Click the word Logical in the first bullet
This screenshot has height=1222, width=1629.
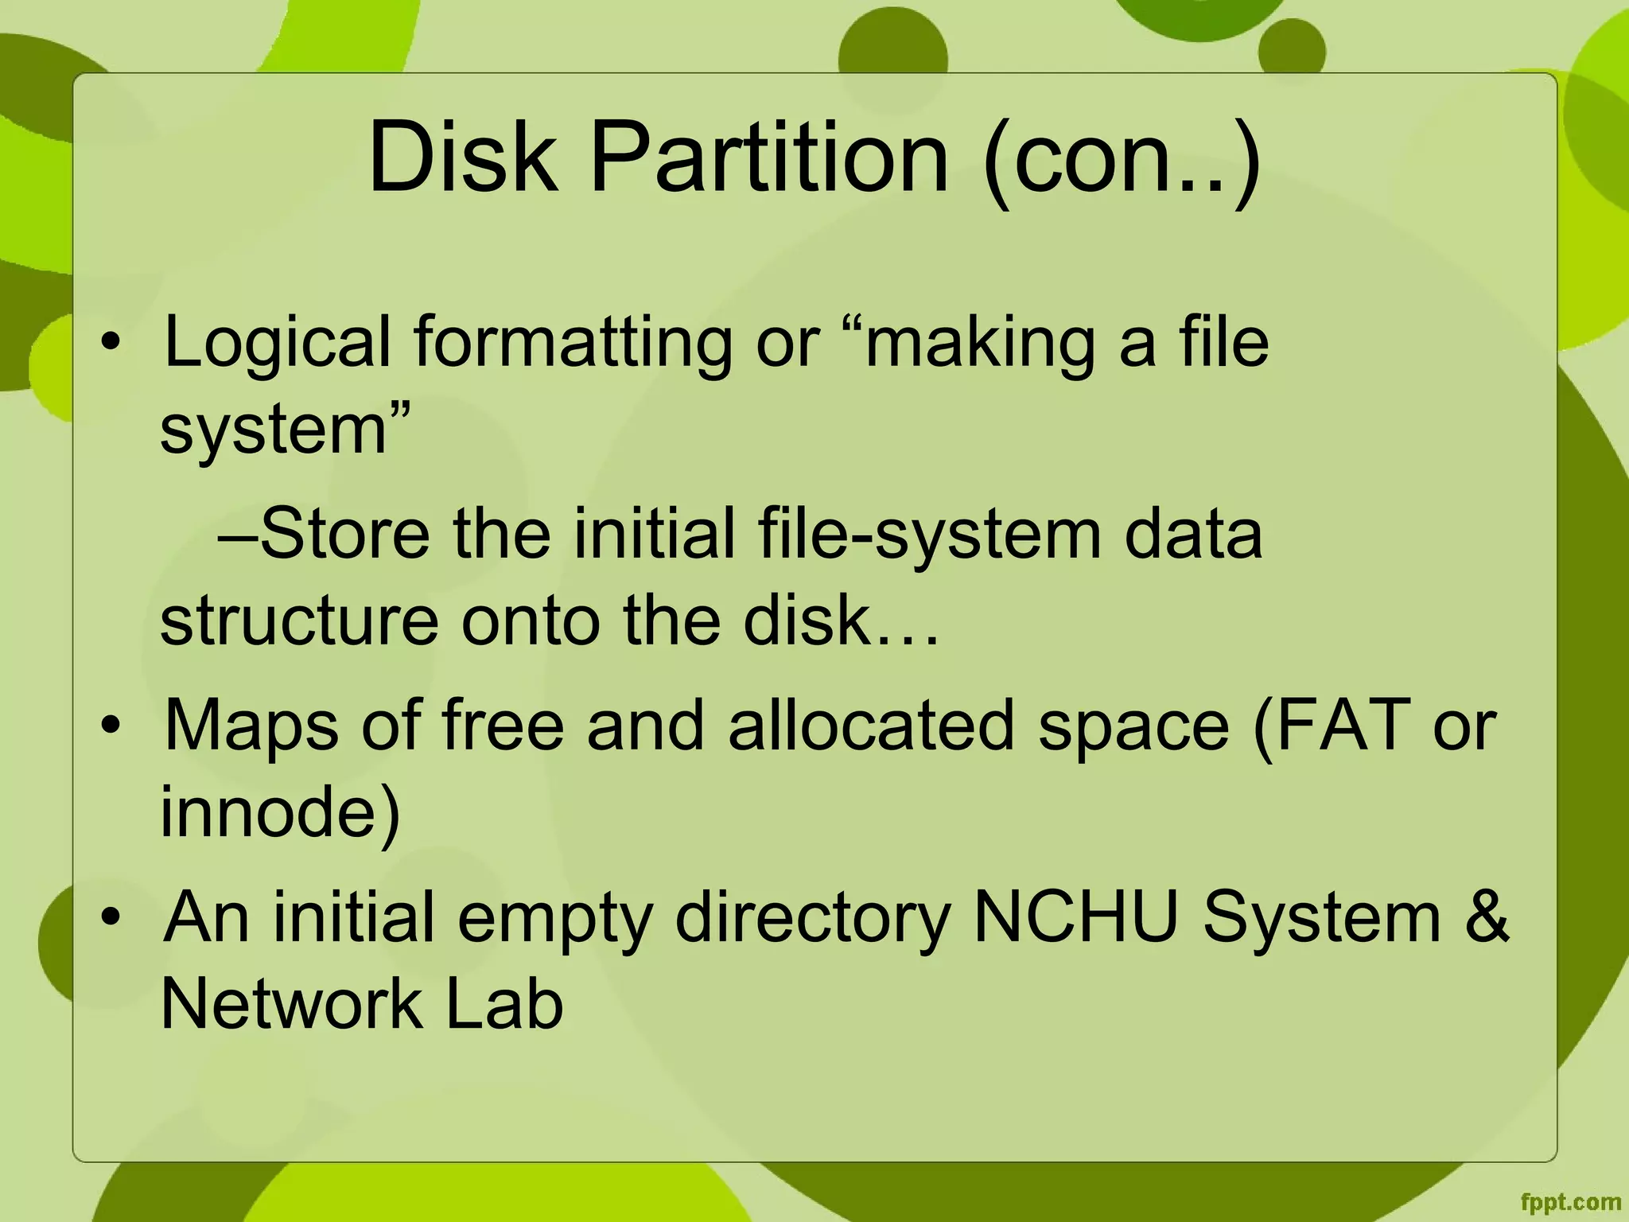click(x=277, y=344)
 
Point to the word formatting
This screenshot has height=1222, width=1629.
click(x=572, y=344)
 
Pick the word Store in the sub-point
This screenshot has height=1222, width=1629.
click(x=344, y=534)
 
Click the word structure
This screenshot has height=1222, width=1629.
click(x=299, y=621)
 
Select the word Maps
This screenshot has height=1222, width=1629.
click(x=251, y=726)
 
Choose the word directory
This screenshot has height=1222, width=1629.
click(x=813, y=919)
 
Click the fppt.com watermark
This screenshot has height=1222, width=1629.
click(x=1570, y=1202)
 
